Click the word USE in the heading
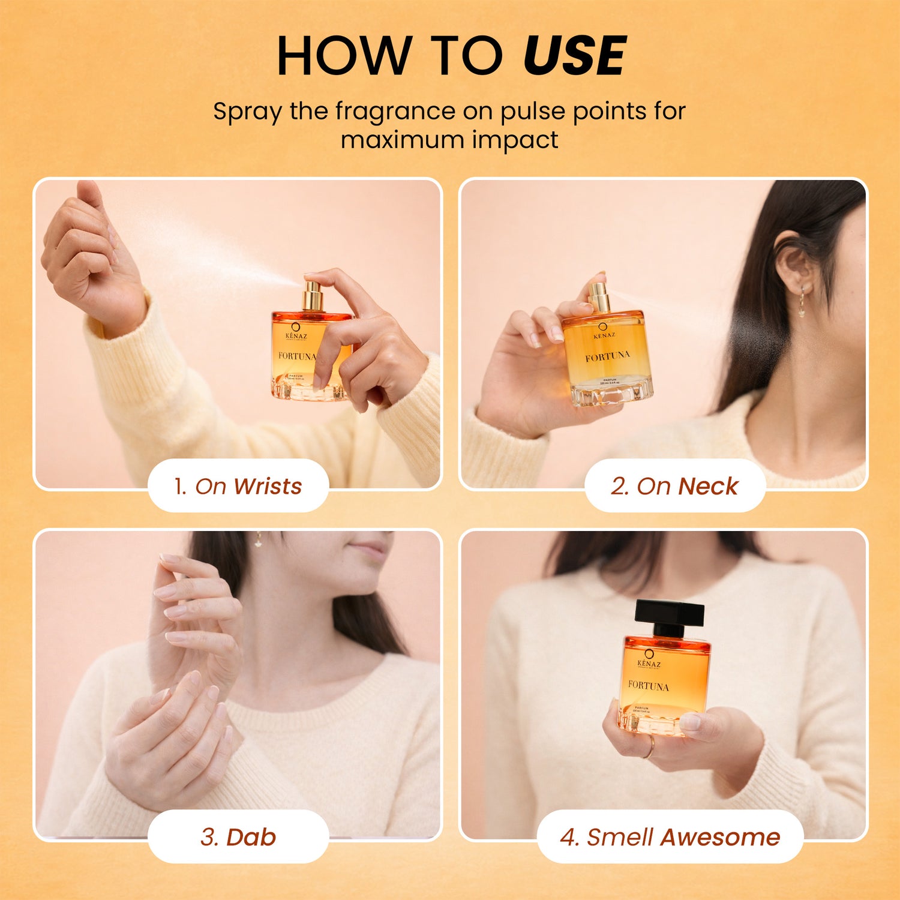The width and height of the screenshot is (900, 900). click(574, 56)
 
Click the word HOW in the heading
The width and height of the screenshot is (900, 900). click(343, 56)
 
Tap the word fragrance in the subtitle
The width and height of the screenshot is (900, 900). click(395, 112)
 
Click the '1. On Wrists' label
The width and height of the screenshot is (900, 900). click(238, 486)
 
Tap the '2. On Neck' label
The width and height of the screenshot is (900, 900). click(674, 486)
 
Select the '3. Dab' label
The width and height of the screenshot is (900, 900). click(238, 837)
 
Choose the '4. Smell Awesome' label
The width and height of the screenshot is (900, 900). click(670, 837)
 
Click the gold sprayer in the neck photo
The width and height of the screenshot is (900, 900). click(598, 296)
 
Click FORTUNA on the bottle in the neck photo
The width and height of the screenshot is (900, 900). click(607, 356)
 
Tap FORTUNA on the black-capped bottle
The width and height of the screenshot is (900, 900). click(648, 685)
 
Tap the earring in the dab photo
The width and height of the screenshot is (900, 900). click(259, 540)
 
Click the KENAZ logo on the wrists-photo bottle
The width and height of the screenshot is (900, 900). click(295, 332)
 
